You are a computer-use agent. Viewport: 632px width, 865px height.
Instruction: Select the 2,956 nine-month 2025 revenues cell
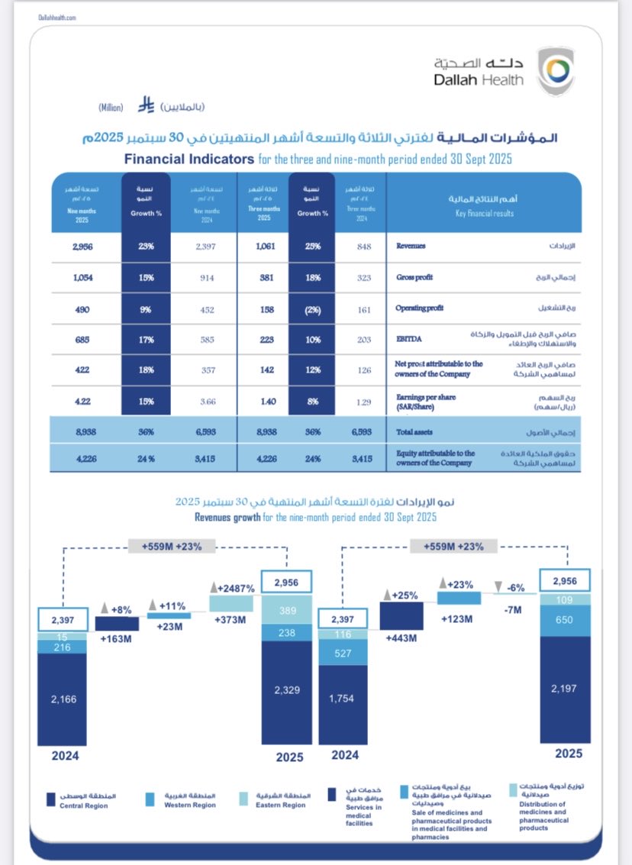(x=83, y=247)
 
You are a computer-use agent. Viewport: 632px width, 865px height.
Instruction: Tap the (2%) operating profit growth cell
(x=312, y=308)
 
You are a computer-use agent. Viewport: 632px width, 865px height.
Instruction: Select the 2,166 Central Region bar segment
(x=64, y=698)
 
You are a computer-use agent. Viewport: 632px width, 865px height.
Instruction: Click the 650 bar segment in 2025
(x=566, y=620)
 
